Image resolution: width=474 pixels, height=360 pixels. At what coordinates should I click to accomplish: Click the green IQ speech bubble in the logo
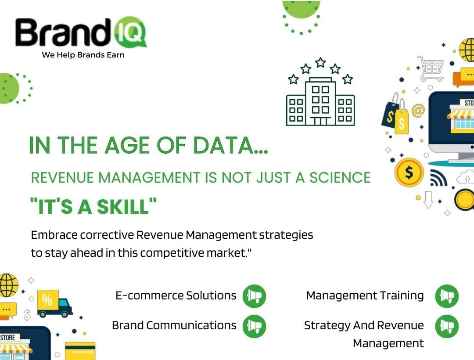(x=130, y=32)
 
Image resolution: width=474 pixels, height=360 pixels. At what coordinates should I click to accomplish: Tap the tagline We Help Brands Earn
(x=83, y=55)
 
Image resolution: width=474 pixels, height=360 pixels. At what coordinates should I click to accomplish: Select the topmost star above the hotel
(x=320, y=63)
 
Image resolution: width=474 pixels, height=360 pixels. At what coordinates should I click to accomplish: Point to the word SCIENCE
(x=340, y=177)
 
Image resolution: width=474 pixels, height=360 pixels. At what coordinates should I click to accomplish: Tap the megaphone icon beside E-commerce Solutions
(x=254, y=296)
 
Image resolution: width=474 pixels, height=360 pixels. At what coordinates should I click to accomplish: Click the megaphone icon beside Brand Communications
(x=254, y=326)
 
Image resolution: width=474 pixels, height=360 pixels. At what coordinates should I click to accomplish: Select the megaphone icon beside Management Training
(x=447, y=296)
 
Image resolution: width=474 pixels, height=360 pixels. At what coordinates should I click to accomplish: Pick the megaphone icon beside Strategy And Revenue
(x=447, y=326)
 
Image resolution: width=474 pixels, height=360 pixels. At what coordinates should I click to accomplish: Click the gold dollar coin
(x=409, y=173)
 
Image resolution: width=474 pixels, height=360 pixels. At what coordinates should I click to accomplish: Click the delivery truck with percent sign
(x=54, y=303)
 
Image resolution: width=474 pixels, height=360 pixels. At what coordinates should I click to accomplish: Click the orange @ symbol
(x=418, y=110)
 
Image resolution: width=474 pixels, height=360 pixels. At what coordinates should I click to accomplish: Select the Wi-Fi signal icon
(x=438, y=178)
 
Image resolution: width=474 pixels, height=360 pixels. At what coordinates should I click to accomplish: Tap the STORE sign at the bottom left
(x=8, y=337)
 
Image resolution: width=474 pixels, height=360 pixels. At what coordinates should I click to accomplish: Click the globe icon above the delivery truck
(x=8, y=285)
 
